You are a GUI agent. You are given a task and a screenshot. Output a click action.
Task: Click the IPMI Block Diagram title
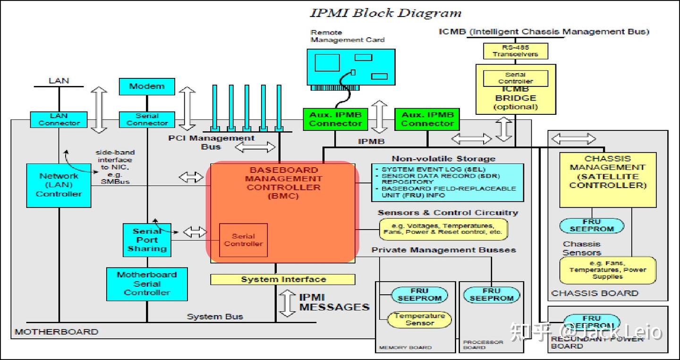(385, 13)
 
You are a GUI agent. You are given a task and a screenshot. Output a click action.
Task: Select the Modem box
(147, 86)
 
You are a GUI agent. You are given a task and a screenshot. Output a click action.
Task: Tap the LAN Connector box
(59, 120)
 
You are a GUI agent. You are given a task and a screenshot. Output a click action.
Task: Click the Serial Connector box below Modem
(147, 120)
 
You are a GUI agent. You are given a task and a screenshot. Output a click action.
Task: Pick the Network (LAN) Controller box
(59, 185)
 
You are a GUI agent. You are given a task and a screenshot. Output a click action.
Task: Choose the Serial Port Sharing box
(147, 240)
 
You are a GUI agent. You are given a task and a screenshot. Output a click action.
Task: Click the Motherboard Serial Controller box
(146, 283)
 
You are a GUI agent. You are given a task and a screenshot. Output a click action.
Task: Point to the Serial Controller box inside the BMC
(243, 240)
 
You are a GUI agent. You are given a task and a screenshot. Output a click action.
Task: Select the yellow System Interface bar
(283, 280)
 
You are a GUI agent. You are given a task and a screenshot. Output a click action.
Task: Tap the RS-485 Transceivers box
(515, 51)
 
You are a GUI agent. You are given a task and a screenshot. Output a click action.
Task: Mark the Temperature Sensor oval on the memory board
(419, 319)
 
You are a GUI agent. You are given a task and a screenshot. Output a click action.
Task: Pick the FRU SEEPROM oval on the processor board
(491, 295)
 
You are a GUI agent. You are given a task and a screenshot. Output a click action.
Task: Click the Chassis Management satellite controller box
(607, 180)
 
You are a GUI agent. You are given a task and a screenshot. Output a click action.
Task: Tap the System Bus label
(215, 317)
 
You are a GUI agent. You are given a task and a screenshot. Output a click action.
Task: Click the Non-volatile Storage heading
(443, 159)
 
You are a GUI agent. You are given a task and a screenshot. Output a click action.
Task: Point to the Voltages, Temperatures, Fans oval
(443, 229)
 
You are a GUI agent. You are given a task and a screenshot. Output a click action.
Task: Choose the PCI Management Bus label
(211, 142)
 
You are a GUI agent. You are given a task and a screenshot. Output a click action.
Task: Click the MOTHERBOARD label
(56, 332)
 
